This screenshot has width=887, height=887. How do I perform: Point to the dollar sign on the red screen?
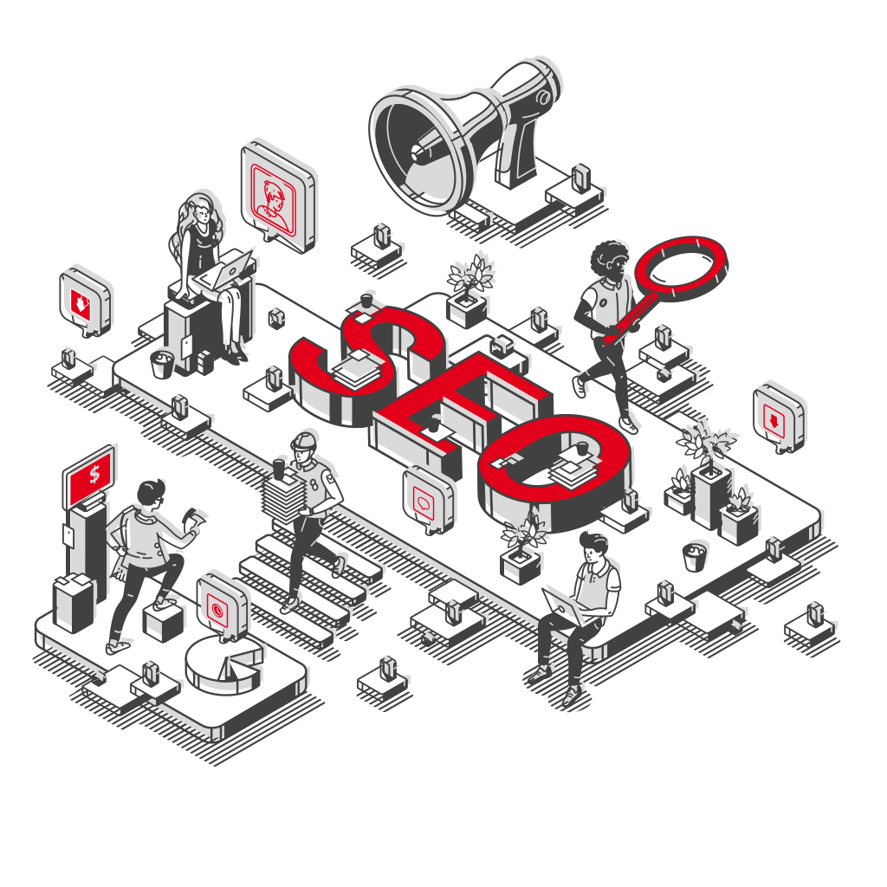pyautogui.click(x=94, y=474)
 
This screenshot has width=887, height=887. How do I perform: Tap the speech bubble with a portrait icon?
pyautogui.click(x=278, y=196)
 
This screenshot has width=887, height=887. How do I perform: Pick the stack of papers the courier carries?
pyautogui.click(x=283, y=498)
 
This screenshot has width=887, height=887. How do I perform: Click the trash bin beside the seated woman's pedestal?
pyautogui.click(x=162, y=364)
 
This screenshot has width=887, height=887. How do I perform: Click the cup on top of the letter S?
pyautogui.click(x=366, y=301)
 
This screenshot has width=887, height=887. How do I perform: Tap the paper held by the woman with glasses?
pyautogui.click(x=193, y=517)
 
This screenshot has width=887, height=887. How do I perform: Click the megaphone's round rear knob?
pyautogui.click(x=543, y=97)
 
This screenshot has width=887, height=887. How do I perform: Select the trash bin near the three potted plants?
pyautogui.click(x=695, y=557)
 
